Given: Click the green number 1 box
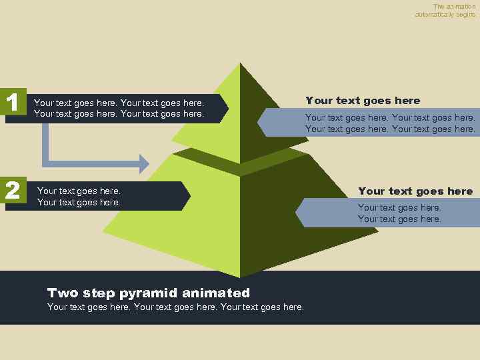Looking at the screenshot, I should (12, 102).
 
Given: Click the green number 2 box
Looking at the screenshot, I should (12, 191).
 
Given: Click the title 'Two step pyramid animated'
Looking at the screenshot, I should (149, 293).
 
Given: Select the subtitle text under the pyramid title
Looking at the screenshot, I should (175, 307).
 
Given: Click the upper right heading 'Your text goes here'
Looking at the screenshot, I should (363, 101).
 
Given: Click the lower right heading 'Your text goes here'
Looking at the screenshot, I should (415, 191).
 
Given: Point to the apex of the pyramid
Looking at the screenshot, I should (240, 63).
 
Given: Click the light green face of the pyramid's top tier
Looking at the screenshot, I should (213, 123).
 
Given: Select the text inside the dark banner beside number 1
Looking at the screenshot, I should (119, 109).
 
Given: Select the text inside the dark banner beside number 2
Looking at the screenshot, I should (79, 197).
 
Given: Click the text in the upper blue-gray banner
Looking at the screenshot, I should (390, 123).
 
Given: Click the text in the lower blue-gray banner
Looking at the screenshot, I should (399, 213).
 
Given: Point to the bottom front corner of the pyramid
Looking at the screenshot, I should (240, 276).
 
